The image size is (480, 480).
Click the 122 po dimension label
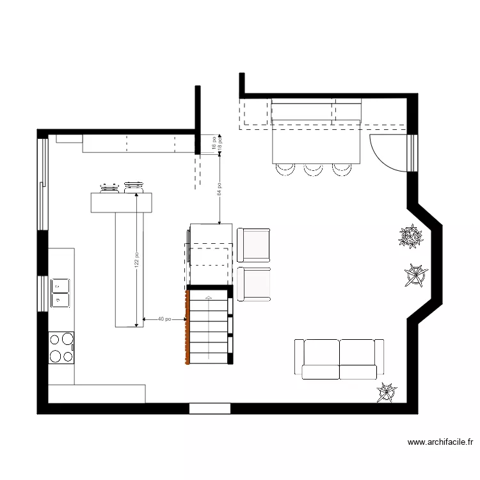pos(137,259)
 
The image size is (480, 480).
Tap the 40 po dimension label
pos(164,318)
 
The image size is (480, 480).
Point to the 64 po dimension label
pos(220,188)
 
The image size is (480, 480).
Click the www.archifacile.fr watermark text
pos(440,442)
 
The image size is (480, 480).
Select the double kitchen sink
pos(61,292)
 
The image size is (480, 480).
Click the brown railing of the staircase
pos(187,327)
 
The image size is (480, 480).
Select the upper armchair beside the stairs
pos(254,244)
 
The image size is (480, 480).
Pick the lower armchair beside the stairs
pos(254,284)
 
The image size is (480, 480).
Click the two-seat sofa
pos(339,359)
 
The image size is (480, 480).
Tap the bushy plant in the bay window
pos(409,237)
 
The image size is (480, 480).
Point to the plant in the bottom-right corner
pos(386,392)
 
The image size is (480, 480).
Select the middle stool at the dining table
pos(313,169)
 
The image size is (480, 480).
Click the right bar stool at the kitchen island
pos(134,187)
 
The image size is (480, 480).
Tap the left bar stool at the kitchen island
pos(108,188)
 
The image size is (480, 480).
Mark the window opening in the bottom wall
pos(209,408)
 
